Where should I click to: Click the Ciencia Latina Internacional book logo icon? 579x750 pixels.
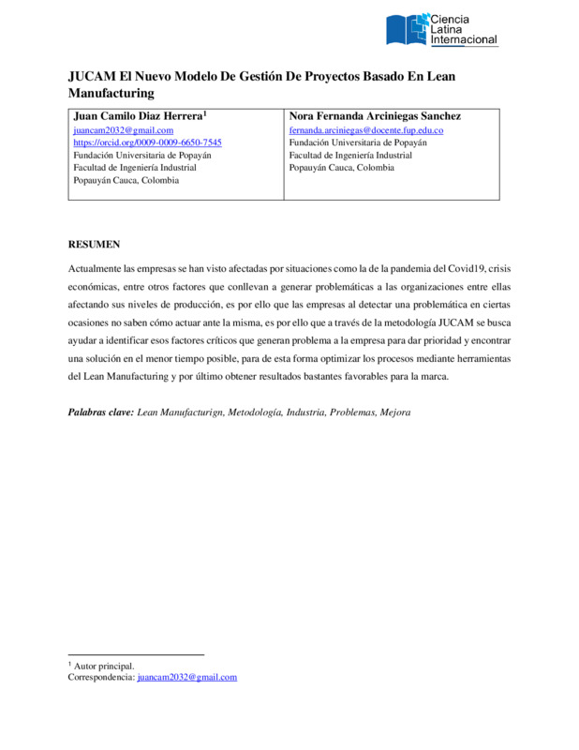click(x=406, y=28)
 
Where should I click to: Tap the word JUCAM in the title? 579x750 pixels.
click(x=90, y=76)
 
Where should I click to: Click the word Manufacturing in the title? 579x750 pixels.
click(x=111, y=94)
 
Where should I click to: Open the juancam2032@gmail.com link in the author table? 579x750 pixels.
click(x=124, y=130)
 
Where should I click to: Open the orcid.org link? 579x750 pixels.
click(x=147, y=142)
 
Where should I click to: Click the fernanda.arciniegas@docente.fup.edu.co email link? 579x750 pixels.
click(x=365, y=130)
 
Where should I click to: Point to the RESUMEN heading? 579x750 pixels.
click(x=94, y=245)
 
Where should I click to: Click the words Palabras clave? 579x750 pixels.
click(x=101, y=412)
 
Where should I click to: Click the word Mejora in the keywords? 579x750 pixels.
click(x=393, y=412)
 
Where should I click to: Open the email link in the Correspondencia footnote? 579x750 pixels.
click(x=186, y=677)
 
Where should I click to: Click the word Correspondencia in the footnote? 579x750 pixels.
click(x=100, y=677)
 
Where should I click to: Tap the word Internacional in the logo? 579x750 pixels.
click(x=463, y=40)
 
